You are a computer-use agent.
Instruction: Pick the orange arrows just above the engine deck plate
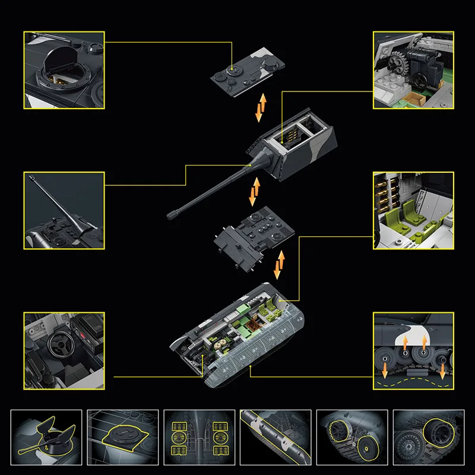coord(255,191)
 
